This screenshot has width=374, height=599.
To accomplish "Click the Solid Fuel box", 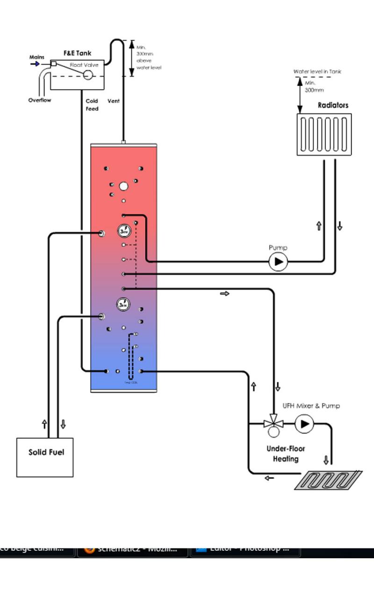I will [45, 457].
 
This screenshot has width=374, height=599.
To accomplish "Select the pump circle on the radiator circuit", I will [278, 262].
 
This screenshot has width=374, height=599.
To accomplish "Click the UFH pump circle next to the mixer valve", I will [304, 424].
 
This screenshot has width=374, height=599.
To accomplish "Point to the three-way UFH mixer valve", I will [273, 424].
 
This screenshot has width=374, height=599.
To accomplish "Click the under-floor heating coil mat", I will [328, 480].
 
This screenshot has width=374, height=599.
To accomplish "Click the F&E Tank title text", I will [77, 54].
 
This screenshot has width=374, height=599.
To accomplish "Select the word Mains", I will [37, 57].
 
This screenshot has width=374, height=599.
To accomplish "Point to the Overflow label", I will [40, 100].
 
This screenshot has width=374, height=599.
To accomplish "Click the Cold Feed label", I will [92, 105].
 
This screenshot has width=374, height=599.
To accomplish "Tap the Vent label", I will [114, 101].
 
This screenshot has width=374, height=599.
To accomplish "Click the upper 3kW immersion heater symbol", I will [123, 231].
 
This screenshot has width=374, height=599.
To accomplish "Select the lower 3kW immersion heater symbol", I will [123, 305].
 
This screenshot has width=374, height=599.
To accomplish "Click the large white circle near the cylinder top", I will [123, 186].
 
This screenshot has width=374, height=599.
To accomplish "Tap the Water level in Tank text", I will [317, 72].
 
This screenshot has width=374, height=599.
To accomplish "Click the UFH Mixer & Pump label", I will [311, 406].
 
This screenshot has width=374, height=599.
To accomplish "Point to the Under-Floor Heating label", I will [286, 454].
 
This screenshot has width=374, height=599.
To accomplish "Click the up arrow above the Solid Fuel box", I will [44, 424].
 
